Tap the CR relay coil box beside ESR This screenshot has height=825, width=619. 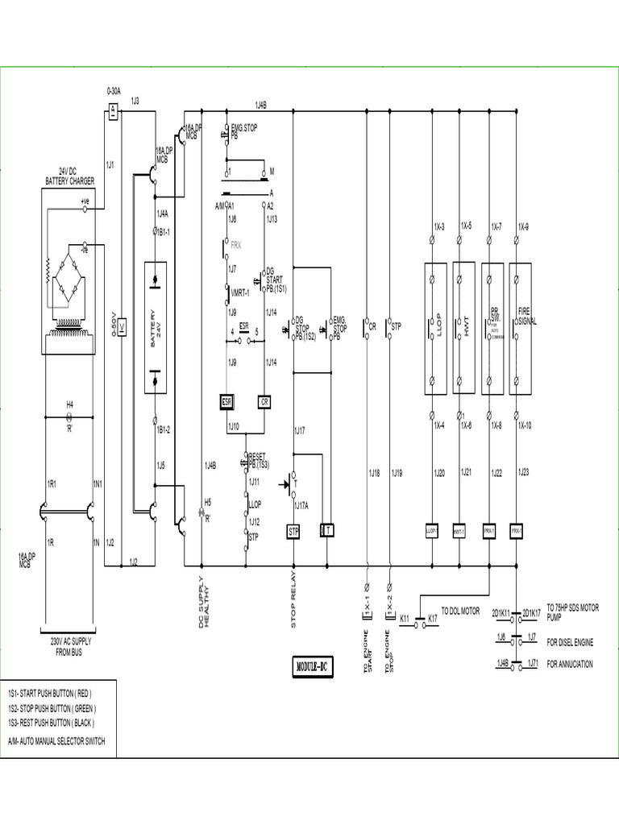point(264,401)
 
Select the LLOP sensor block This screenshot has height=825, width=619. point(435,328)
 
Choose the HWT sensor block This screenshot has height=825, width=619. point(464,328)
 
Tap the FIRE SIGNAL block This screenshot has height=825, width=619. point(521,328)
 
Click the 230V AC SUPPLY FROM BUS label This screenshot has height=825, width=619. point(69,647)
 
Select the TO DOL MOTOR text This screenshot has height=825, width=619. point(460,611)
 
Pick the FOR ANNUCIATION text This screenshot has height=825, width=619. point(570,664)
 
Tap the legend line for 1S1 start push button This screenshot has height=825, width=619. point(50,693)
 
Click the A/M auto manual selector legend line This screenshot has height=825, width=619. point(56,740)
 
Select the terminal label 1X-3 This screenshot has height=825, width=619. point(439,227)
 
